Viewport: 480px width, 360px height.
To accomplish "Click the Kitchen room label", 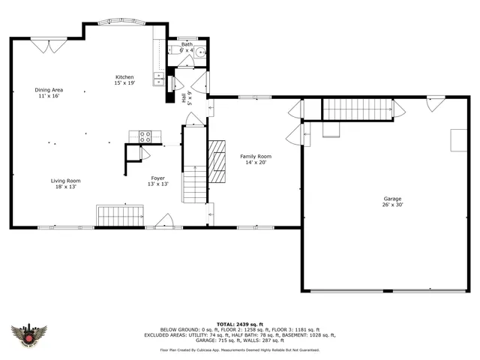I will (124, 77).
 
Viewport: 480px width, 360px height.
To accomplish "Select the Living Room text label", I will (65, 181).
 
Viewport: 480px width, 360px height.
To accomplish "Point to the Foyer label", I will (157, 178).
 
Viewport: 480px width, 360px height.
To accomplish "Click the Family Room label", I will (253, 156).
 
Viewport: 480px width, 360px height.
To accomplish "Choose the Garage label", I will (392, 199).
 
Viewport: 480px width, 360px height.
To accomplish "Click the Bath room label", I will (187, 44).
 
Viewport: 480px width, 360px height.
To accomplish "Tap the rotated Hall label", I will (184, 97).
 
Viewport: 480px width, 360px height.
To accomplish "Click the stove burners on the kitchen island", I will (145, 136).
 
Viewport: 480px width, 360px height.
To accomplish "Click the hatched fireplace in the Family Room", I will (217, 161).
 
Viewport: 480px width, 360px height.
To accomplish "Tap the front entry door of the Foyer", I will (164, 222).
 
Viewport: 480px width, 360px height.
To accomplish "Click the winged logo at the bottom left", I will (30, 334).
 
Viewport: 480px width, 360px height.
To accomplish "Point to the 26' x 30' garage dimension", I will (392, 205).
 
